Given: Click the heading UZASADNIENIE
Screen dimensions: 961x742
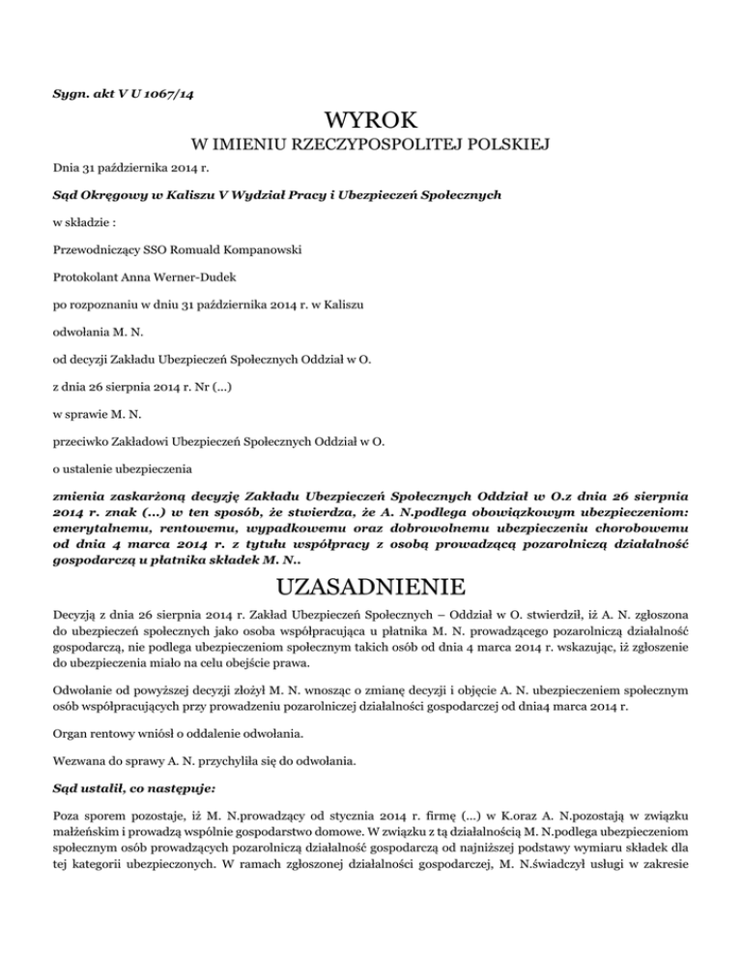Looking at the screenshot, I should point(371,588).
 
